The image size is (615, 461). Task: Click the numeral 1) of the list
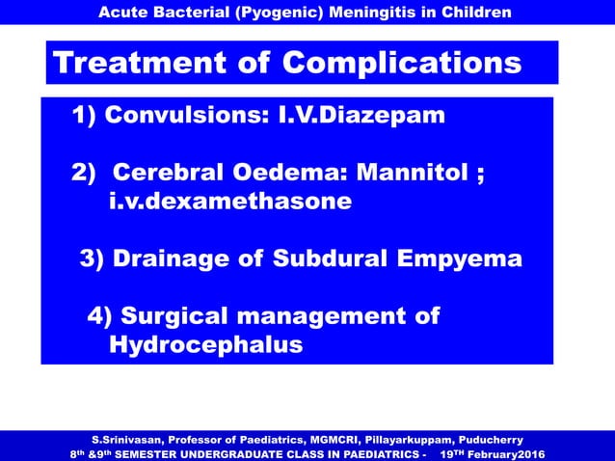[x=85, y=117]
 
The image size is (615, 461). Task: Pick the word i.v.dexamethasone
[x=230, y=202]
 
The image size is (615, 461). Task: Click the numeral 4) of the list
[x=100, y=315]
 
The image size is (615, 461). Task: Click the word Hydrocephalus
[x=206, y=344]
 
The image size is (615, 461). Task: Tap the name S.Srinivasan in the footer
[x=125, y=437]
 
